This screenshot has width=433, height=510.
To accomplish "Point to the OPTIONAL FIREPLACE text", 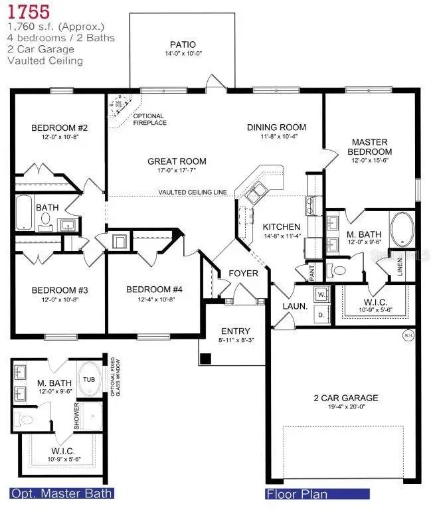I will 149,120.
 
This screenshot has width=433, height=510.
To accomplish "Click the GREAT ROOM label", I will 177,161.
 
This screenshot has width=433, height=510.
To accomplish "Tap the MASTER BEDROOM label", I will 370,147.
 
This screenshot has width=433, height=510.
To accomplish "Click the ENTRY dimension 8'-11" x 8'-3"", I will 236,341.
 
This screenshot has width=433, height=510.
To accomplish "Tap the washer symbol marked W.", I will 321,294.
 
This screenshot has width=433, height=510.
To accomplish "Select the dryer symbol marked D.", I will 321,313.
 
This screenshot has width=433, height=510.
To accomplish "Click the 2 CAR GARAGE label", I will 346,398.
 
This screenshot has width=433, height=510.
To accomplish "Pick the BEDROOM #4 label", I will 149,290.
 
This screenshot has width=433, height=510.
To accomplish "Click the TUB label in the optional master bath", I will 89,379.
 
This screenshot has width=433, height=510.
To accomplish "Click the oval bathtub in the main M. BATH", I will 401,229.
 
